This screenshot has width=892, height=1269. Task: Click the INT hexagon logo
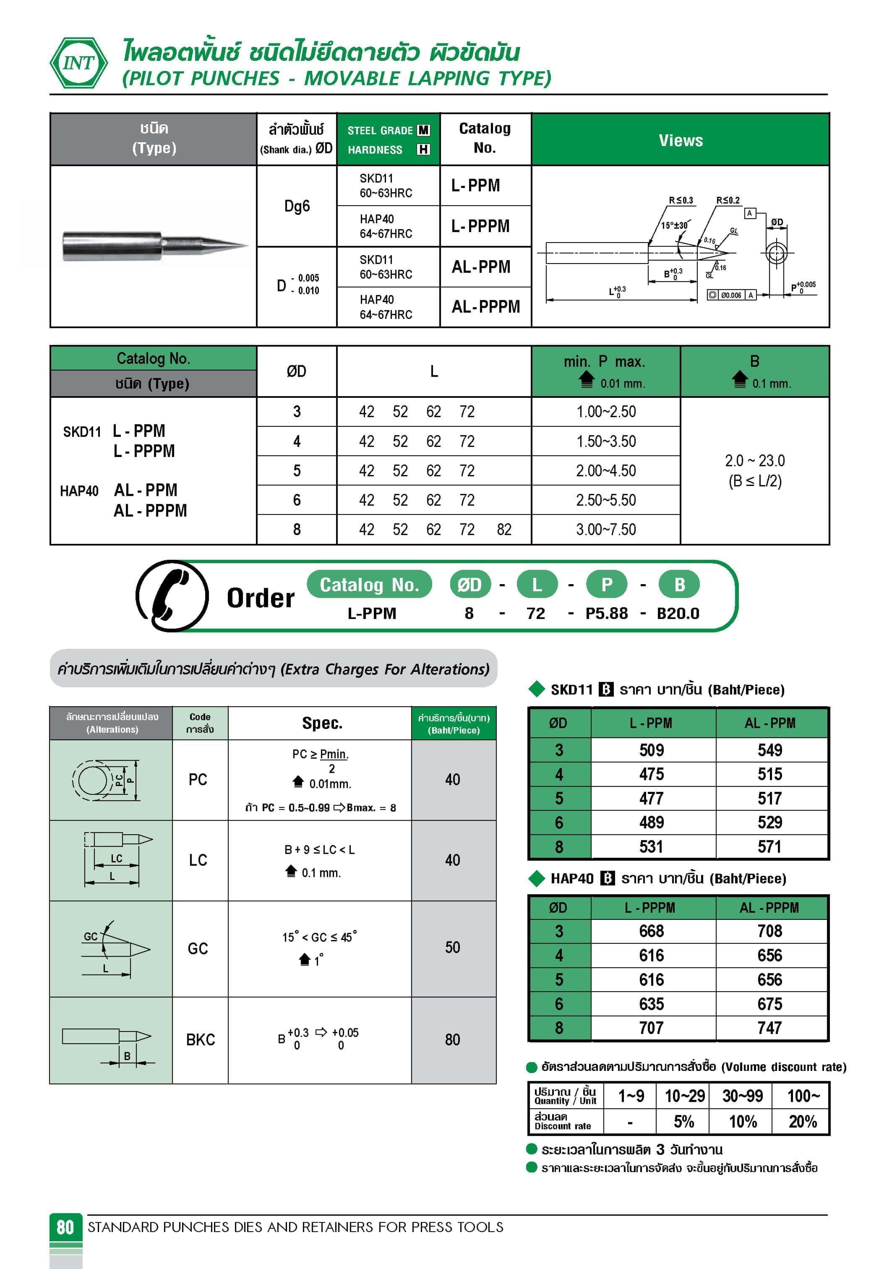coord(79,63)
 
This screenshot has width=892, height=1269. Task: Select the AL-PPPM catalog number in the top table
coord(485,307)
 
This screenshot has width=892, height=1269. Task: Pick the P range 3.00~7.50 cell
coord(606,530)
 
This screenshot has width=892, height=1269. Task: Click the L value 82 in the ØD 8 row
coord(503,530)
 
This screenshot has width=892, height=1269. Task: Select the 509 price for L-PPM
coord(652,750)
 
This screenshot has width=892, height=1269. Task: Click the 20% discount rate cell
coord(802,1121)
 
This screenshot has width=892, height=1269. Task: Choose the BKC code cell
coord(200,1039)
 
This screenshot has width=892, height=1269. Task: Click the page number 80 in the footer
coord(65,1227)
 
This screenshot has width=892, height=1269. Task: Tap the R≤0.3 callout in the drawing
coord(681,200)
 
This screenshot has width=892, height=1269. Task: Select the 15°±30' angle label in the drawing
coord(674,225)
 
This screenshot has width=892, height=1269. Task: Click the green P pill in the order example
coord(606,584)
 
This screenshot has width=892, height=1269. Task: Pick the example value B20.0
coord(678,614)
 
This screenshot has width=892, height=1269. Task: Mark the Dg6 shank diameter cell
coord(297,206)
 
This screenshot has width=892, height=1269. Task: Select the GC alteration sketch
coord(110,949)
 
